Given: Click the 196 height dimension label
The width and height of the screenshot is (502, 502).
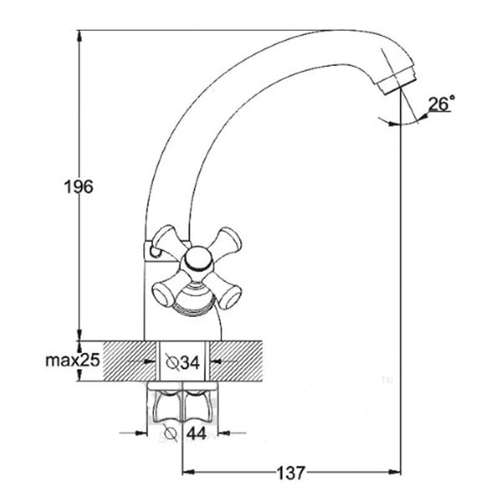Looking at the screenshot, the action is (79, 187).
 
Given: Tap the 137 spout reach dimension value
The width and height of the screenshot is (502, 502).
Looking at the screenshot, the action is (291, 473).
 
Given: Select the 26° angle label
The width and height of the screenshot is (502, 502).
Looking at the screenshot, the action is (441, 104).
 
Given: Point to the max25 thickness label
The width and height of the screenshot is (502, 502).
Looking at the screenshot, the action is (73, 361).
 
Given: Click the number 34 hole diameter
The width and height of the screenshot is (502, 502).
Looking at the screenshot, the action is (190, 363).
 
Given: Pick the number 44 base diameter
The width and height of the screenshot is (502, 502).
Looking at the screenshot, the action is (197, 434).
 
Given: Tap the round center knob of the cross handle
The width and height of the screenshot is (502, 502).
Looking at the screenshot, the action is (198, 259).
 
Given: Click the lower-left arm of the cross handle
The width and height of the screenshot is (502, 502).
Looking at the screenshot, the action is (168, 289).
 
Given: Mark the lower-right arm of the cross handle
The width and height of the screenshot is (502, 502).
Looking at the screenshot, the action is (223, 290).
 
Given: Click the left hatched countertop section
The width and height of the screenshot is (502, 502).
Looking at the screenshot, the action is (130, 361).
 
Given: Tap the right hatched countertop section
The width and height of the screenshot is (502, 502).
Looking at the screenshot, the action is (236, 361).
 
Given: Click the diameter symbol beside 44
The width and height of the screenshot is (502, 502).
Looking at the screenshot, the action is (171, 433).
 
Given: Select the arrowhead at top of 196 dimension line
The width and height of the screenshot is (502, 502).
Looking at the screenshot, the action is (79, 36).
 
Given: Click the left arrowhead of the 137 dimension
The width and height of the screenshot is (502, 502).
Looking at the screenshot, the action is (188, 472).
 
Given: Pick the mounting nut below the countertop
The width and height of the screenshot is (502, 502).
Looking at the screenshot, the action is (182, 404).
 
